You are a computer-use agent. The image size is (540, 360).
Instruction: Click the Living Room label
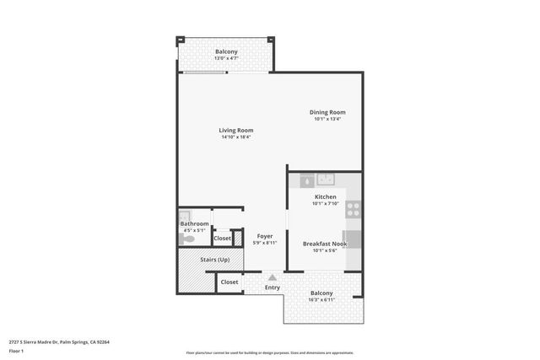point(236,131)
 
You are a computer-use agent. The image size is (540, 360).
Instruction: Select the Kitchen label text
point(325,196)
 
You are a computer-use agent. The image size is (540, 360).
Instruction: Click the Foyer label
point(265,235)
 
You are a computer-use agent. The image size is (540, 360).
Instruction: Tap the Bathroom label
point(194,223)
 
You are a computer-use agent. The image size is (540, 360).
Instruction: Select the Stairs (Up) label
point(214,259)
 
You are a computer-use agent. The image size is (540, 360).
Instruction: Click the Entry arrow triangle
point(273,277)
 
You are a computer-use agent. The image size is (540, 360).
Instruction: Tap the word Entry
point(273,287)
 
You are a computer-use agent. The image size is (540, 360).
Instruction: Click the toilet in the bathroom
point(189,239)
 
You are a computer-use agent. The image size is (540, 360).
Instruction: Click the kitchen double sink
point(326,180)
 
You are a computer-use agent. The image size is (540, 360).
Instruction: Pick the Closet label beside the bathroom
point(222,239)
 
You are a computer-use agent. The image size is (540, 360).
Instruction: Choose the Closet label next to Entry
point(229,282)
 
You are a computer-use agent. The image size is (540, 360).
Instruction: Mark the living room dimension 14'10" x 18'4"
point(236,137)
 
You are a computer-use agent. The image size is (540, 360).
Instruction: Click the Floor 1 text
point(17,350)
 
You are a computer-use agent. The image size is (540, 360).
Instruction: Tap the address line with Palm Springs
point(59,341)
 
